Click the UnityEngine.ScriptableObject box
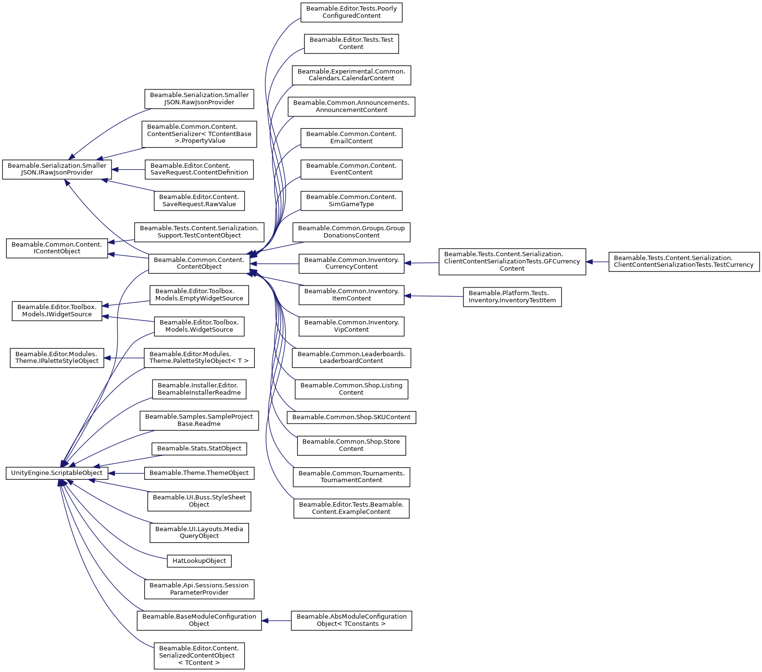(x=57, y=473)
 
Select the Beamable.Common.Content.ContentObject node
(x=199, y=263)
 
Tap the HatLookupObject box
(x=199, y=561)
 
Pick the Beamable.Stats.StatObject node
(x=199, y=448)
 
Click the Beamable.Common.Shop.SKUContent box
(x=351, y=417)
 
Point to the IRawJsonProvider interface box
(x=57, y=169)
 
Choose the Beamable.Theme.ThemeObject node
(x=199, y=473)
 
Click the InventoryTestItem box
(x=512, y=297)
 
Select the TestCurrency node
(x=684, y=261)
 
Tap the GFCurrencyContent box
(x=512, y=261)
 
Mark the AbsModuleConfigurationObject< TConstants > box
(x=351, y=620)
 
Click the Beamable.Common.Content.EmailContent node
(x=351, y=138)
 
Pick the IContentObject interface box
(x=57, y=248)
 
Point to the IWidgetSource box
(x=57, y=311)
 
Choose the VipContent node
(x=351, y=326)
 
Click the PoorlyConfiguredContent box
(x=351, y=12)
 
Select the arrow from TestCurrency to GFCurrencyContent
(x=597, y=262)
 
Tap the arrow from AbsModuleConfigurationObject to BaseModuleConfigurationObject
(x=276, y=621)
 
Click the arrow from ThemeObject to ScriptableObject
(x=126, y=473)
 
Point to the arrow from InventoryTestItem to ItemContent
(x=434, y=296)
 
